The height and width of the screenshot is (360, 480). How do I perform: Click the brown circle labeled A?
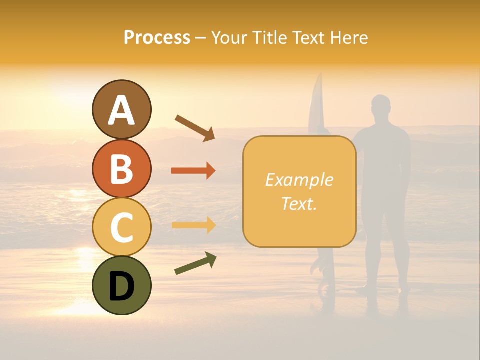121,109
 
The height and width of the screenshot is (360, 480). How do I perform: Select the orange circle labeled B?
121,168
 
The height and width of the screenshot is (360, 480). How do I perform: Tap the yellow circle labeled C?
121,227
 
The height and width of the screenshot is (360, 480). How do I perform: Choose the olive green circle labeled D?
121,285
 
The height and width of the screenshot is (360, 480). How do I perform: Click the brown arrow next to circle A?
195,128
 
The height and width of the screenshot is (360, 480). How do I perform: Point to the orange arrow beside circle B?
193,171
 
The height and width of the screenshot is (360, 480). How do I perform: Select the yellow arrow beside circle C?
193,225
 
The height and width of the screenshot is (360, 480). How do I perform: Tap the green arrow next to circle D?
195,263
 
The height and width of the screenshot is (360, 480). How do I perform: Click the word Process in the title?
157,37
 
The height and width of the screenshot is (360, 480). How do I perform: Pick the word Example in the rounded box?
299,180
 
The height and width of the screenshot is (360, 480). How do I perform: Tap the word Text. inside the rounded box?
299,203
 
